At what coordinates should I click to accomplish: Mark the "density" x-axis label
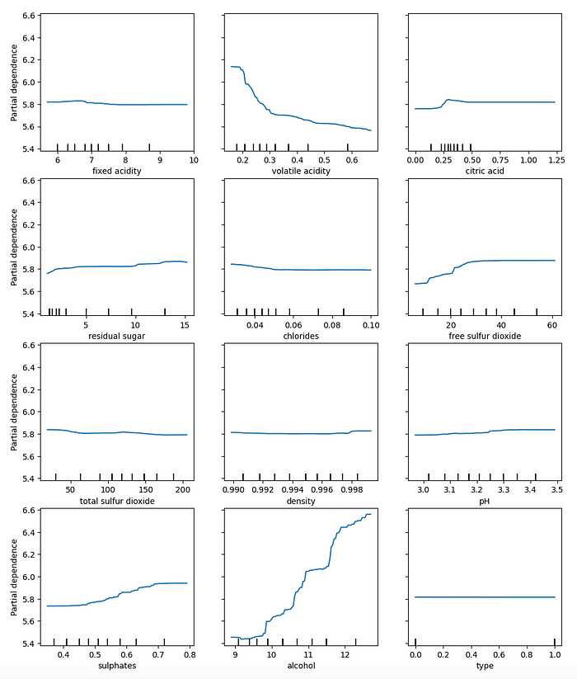300,501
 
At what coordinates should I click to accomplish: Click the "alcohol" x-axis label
300,665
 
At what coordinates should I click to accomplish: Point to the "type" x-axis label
484,665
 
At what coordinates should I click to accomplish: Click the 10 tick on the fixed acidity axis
193,159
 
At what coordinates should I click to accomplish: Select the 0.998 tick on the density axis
356,489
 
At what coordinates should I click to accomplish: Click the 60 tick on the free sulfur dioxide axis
551,324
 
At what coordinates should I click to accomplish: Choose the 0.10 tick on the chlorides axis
370,324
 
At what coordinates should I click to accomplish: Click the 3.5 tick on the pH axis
556,489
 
